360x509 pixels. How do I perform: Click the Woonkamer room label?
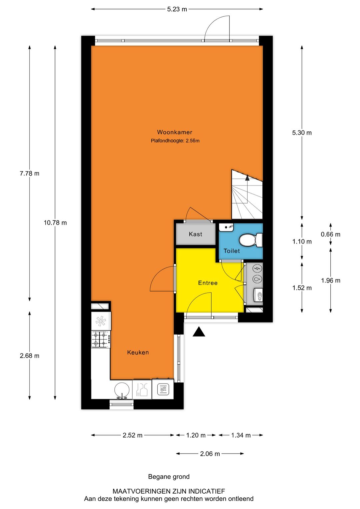[x=174, y=132]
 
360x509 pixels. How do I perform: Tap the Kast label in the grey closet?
[x=195, y=234]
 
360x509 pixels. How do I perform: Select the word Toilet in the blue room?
[x=231, y=251]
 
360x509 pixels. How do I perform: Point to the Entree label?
[x=208, y=283]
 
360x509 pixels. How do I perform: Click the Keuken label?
[x=138, y=353]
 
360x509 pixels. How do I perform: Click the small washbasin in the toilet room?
[x=226, y=227]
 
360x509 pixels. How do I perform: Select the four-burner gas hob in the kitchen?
[x=101, y=339]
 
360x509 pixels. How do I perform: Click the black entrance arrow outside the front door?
[x=199, y=332]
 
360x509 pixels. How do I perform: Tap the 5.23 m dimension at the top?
[x=177, y=9]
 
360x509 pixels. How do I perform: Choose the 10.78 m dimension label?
[x=55, y=223]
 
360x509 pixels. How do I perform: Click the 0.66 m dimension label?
[x=330, y=234]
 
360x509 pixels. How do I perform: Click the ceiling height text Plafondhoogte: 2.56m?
[x=175, y=141]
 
